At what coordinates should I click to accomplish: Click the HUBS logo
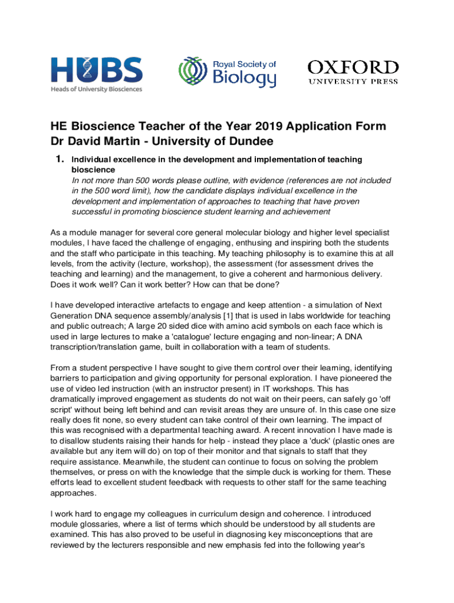point(96,70)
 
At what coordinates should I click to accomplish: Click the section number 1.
point(59,159)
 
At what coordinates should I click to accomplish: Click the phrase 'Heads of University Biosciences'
point(96,89)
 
